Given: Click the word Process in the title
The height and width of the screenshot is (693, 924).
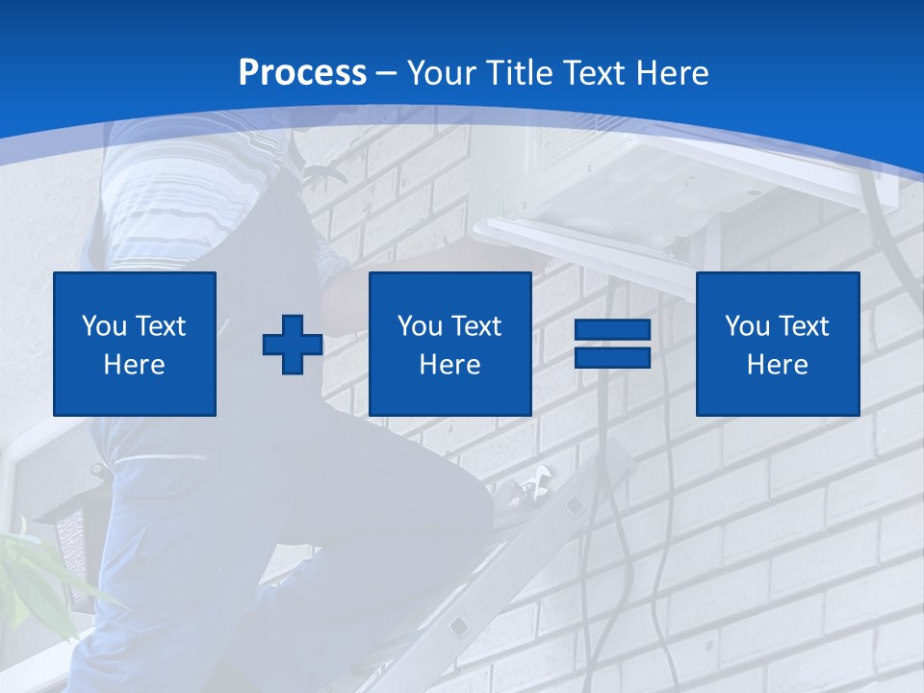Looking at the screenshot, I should (x=302, y=73).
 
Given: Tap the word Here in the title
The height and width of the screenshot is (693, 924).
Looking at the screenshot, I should (x=673, y=73).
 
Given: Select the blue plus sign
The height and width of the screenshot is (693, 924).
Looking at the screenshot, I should (x=293, y=345).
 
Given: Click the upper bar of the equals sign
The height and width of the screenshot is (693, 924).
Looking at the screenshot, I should (x=612, y=330).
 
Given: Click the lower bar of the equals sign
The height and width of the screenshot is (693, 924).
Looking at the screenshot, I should (x=612, y=357).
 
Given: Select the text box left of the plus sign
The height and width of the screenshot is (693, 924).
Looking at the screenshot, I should (x=135, y=344).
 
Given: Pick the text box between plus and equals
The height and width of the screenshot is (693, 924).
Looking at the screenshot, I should (x=449, y=344).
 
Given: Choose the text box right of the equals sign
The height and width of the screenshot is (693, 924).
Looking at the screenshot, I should (x=777, y=344).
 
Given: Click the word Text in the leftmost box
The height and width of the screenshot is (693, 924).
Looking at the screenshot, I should (x=160, y=326).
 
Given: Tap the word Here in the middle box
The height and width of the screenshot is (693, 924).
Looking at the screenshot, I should (x=449, y=365).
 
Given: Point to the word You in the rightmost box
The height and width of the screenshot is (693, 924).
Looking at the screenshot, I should (x=747, y=326).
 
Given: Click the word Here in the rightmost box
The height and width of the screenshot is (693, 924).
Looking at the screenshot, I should (x=777, y=365).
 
